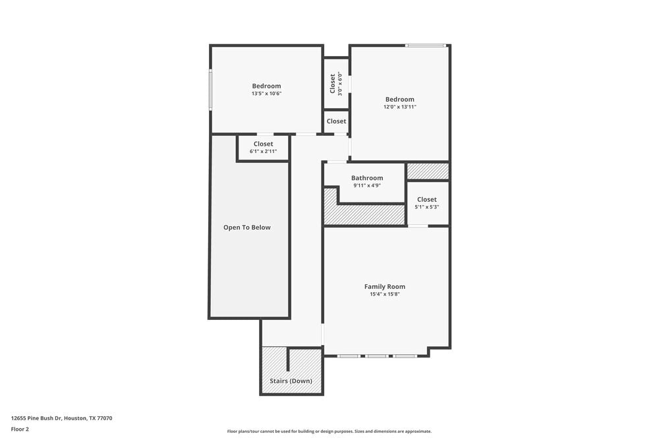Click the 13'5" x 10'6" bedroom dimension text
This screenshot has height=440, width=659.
point(266,94)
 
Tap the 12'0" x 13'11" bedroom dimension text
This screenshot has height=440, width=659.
point(400,107)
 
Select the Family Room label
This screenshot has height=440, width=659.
point(385,286)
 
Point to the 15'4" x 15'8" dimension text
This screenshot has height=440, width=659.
point(385,294)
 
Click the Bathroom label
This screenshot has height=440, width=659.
point(367,178)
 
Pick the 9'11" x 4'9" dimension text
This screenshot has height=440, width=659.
point(367,185)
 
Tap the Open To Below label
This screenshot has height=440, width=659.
point(247,228)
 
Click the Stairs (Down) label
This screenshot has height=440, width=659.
point(291,381)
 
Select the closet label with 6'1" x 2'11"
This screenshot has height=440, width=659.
point(263,144)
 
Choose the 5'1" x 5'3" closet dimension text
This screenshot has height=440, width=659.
point(427,207)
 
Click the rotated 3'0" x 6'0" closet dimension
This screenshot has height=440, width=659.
point(340,84)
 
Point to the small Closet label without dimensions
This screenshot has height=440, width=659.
point(336,121)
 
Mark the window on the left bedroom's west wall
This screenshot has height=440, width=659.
point(211,90)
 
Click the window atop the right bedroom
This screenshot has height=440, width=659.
point(425,46)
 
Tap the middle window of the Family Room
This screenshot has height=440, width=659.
point(377,356)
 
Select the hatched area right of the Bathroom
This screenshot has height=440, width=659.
point(428,172)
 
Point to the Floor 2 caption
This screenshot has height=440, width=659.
point(20,429)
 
